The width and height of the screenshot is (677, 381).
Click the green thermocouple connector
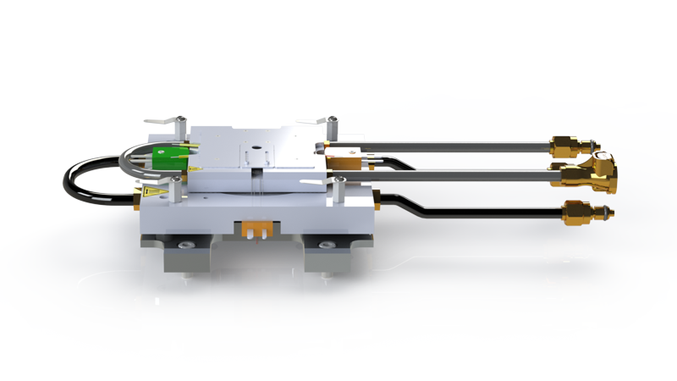[x=162, y=159]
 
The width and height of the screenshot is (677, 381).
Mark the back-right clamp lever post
[x=333, y=125]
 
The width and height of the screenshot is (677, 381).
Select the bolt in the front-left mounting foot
[x=185, y=246]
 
